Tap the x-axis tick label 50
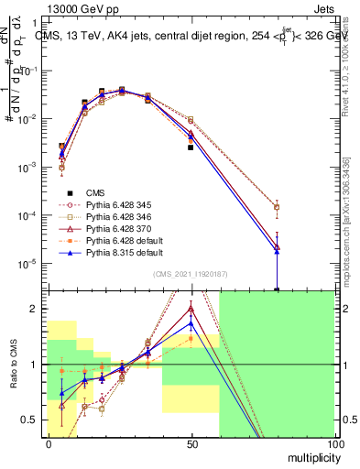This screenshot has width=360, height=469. pos(191,444)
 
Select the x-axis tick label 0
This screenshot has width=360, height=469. pos(49,444)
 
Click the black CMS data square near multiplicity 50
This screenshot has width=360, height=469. pos(191,147)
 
